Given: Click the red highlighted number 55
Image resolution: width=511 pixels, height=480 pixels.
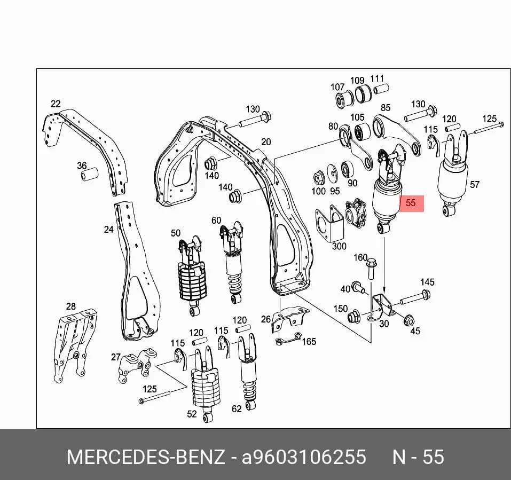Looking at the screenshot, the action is tap(411, 203).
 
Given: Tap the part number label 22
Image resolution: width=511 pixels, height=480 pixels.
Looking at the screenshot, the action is tap(56, 104).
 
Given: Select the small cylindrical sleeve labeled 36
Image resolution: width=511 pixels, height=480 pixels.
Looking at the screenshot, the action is tap(90, 174).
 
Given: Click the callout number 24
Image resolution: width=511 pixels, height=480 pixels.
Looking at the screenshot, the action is tap(108, 230).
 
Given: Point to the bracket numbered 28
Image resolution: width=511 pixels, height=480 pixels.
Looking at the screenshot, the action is tap(74, 345).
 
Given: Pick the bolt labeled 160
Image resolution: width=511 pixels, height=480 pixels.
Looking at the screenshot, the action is tap(371, 269).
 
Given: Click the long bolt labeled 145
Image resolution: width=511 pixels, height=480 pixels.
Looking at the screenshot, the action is tap(415, 297).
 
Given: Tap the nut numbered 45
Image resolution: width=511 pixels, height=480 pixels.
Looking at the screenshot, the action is tap(408, 320).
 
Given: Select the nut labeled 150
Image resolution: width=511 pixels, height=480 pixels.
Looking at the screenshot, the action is tap(353, 317).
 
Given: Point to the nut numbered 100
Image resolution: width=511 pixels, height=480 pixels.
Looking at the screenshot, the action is tap(318, 178).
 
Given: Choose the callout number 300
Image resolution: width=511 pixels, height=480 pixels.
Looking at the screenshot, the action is tap(339, 246).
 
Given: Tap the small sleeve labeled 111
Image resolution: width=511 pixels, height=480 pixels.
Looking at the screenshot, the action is tap(381, 89).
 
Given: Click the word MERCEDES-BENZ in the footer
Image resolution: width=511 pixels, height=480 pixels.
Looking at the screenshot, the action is tap(146, 457).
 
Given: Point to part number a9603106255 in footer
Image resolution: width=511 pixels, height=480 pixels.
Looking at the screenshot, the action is tap(304, 457).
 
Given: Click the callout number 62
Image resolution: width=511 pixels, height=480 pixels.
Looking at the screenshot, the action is tap(237, 408).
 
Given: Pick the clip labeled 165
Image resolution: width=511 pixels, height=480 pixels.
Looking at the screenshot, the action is tap(288, 339).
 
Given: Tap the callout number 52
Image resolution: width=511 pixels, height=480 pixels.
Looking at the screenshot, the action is tap(192, 414).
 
